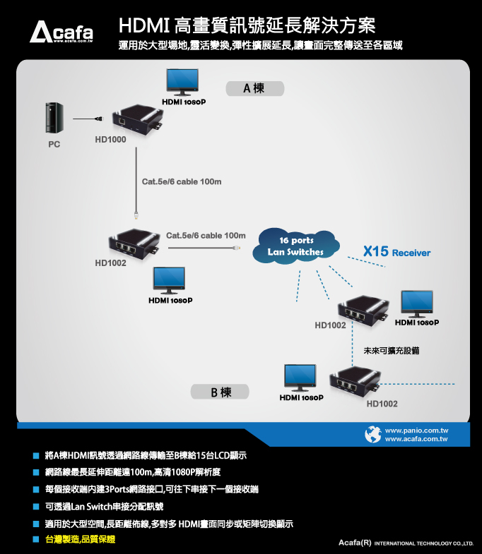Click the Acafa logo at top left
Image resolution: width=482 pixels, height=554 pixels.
point(61,32)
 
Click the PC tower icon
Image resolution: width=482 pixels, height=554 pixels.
point(54,118)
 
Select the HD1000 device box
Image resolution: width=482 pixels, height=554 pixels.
point(137,120)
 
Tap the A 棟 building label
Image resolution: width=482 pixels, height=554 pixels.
point(255,88)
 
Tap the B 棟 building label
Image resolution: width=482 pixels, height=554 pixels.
point(220,392)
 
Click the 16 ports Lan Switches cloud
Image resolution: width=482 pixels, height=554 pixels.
point(296,246)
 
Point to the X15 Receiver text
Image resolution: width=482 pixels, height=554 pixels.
point(396,251)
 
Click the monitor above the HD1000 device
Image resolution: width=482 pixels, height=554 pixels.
point(182,82)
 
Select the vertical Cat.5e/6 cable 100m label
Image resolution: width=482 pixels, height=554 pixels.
point(182,181)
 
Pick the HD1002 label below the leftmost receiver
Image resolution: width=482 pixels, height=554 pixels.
point(110,263)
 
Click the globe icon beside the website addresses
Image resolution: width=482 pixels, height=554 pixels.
point(373,434)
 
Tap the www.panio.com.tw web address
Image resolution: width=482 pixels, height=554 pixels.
point(416,430)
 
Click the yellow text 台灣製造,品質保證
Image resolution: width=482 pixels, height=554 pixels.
point(81,539)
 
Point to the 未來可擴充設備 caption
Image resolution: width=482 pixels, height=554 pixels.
point(392,351)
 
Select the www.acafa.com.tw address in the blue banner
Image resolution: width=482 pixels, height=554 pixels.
point(416,439)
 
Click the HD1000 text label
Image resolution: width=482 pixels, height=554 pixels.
point(110,140)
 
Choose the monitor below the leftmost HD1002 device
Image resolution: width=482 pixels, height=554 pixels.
point(169,281)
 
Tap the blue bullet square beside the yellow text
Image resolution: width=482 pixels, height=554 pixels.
point(36,539)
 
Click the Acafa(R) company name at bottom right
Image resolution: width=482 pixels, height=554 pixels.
point(355,542)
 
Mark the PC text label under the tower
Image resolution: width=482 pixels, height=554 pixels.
point(54,144)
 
